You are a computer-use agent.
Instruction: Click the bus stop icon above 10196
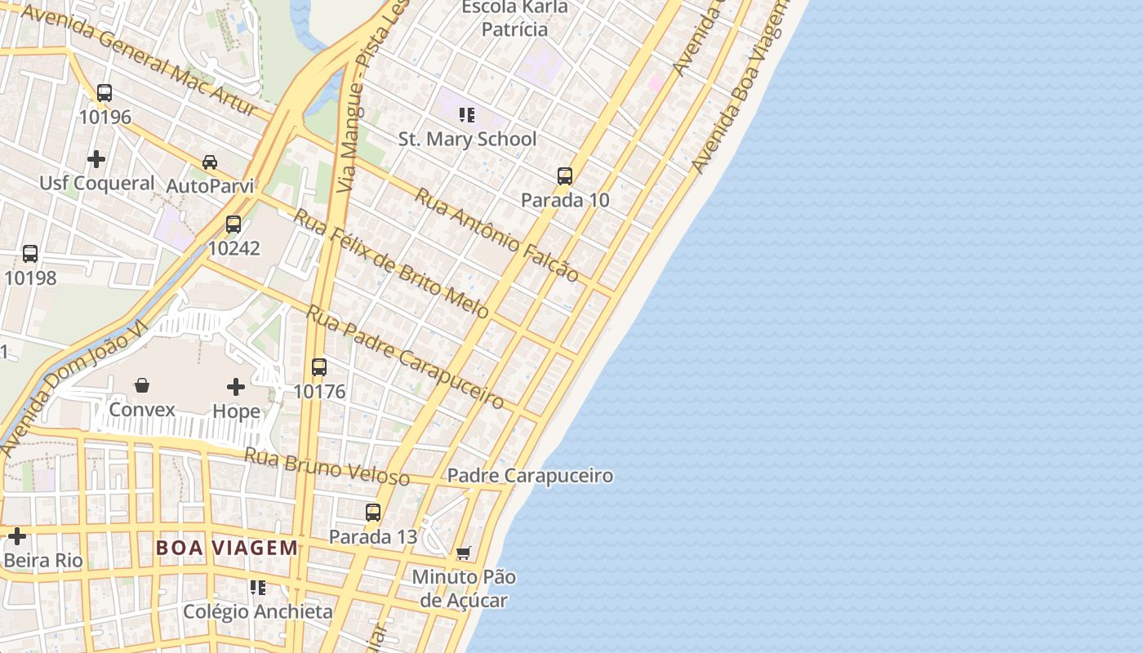tap(105, 93)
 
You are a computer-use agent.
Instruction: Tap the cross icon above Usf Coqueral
tap(96, 159)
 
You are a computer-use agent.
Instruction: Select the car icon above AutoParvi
tap(210, 162)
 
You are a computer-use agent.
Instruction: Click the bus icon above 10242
tap(233, 224)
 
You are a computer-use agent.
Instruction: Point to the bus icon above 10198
tap(30, 254)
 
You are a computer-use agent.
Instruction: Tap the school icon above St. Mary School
tap(467, 115)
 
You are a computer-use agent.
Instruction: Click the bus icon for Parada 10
tap(565, 175)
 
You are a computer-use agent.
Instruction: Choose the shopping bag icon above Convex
tap(142, 384)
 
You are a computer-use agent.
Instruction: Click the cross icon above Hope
tap(236, 386)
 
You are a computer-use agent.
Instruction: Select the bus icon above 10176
tap(319, 367)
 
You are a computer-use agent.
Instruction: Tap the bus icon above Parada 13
tap(373, 513)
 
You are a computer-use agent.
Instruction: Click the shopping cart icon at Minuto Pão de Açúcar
tap(463, 553)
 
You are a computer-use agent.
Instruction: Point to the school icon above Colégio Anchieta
tap(258, 588)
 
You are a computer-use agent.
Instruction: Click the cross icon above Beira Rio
tap(17, 536)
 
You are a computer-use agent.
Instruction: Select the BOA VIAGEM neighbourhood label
tap(227, 548)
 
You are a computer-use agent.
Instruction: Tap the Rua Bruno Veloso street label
tap(327, 466)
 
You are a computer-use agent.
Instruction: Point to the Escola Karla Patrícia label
tap(514, 18)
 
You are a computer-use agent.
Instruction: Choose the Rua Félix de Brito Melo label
tap(391, 264)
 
